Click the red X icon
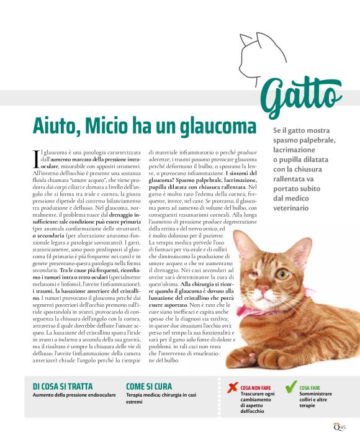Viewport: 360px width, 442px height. (x=232, y=389)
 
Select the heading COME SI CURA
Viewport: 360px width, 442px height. (x=149, y=386)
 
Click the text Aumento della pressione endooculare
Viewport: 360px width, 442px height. (x=74, y=395)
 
